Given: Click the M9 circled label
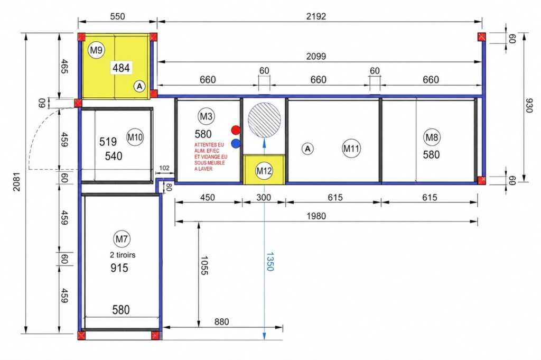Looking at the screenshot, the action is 96,50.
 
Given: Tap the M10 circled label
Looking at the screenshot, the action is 135,137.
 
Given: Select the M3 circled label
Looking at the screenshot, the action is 206,116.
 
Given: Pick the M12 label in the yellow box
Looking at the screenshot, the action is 264,171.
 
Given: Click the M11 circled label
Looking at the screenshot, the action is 351,149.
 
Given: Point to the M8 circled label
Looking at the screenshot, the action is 431,137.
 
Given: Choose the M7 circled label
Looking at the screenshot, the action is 122,239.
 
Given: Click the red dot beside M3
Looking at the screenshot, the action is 236,130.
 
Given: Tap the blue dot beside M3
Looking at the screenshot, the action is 236,143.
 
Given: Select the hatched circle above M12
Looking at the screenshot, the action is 264,119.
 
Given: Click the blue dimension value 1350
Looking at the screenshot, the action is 270,262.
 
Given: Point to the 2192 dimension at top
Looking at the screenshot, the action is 316,16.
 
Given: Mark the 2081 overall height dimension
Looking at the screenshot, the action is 16,181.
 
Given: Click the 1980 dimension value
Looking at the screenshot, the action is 316,216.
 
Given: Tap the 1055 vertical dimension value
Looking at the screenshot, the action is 204,265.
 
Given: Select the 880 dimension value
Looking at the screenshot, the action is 221,322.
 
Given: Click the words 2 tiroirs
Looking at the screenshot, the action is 123,255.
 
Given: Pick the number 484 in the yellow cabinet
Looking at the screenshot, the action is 121,68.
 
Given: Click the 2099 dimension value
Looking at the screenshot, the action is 316,56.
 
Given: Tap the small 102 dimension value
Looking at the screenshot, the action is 164,168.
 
